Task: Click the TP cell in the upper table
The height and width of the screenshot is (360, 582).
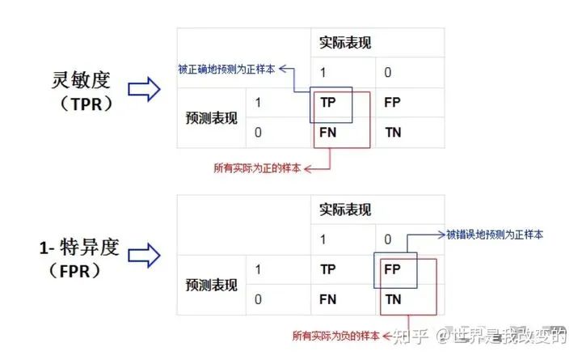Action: pyautogui.click(x=328, y=103)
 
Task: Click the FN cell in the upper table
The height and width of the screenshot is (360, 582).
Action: pyautogui.click(x=328, y=132)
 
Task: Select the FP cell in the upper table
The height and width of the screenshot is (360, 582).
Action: pyautogui.click(x=392, y=103)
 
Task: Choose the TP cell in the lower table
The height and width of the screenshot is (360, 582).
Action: pyautogui.click(x=328, y=269)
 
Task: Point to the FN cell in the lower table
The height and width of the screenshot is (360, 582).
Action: pyautogui.click(x=328, y=299)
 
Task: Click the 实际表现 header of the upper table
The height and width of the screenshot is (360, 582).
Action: pyautogui.click(x=345, y=42)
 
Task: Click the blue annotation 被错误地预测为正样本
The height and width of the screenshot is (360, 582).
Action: pyautogui.click(x=495, y=235)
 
